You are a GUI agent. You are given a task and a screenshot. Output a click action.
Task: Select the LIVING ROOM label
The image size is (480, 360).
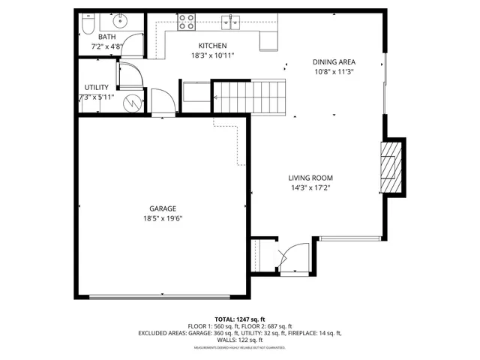310,178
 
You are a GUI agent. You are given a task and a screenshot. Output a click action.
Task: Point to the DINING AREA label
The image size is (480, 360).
334,62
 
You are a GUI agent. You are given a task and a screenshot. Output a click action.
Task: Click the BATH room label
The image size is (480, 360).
106,37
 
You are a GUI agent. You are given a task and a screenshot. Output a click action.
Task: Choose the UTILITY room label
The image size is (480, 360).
97,88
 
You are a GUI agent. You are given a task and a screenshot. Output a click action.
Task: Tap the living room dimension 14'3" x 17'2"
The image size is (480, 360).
310,188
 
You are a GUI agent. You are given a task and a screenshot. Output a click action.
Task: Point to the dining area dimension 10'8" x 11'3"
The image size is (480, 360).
334,72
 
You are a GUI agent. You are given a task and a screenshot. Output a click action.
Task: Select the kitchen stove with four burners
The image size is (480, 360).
186,21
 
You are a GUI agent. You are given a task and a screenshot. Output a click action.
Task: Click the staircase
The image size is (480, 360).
250,96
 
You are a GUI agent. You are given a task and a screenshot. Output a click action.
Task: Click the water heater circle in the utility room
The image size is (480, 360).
133,102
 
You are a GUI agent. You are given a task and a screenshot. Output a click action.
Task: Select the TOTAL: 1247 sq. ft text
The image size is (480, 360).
240,319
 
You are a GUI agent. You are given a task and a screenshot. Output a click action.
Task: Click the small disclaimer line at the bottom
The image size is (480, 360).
240,348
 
